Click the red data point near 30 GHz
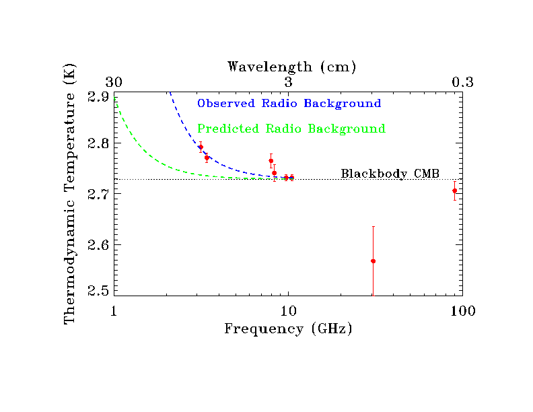[x=373, y=261]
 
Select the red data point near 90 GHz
[x=454, y=191]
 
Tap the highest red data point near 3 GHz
[x=201, y=147]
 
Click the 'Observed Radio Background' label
[x=289, y=104]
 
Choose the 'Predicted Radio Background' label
[x=291, y=129]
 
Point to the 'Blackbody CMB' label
[x=390, y=174]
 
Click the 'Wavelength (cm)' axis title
[x=291, y=67]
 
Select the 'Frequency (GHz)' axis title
[x=288, y=329]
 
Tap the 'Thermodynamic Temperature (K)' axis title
[x=69, y=194]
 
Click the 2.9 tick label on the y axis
[x=98, y=97]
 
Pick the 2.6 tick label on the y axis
[x=98, y=245]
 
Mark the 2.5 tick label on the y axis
[x=98, y=291]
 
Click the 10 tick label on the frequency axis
[x=288, y=311]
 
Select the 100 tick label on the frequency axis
[x=462, y=311]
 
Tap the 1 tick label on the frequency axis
[x=114, y=311]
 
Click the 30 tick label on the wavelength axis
[x=114, y=82]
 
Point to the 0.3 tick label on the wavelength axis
[x=462, y=82]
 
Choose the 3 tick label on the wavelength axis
[x=288, y=82]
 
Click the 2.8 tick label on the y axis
[x=98, y=144]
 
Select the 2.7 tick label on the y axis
[x=98, y=195]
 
